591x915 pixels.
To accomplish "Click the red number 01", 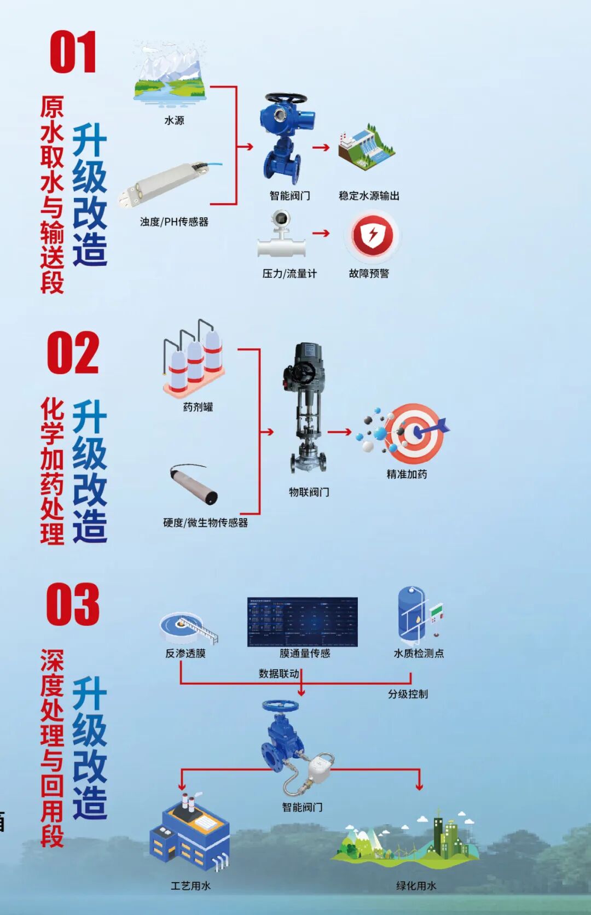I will (73, 53).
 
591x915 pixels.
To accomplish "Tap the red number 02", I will (73, 353).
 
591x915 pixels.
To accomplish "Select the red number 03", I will (73, 604).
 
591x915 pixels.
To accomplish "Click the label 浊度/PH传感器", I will (174, 222).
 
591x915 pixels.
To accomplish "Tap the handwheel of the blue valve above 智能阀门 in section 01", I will (286, 99).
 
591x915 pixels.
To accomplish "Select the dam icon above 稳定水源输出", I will (366, 149).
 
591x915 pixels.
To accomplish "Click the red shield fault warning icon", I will (373, 236).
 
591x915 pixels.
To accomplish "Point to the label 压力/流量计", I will (289, 273).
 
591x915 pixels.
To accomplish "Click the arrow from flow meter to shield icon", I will (321, 234).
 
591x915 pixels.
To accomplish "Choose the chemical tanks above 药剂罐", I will (193, 359).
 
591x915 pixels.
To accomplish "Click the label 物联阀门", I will (309, 492).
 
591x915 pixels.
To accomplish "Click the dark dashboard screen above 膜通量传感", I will (302, 622).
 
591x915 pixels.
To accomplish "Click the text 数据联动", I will (279, 673).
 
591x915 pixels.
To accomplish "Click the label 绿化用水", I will (416, 885).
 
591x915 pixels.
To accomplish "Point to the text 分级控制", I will (408, 694).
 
